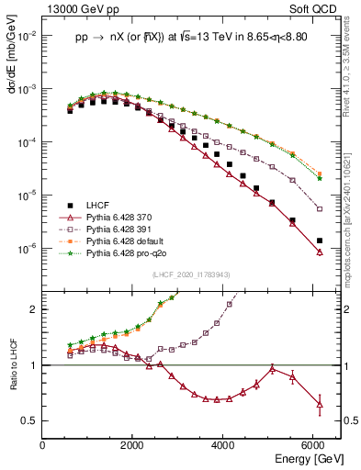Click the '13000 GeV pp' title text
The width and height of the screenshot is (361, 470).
tap(79, 9)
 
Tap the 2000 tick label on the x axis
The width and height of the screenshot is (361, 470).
tap(133, 444)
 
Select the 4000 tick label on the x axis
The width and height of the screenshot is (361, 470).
tap(223, 444)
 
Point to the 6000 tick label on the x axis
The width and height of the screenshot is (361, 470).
tap(313, 444)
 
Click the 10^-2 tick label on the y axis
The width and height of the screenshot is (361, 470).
tap(28, 35)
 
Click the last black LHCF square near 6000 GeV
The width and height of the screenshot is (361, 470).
tap(319, 241)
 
